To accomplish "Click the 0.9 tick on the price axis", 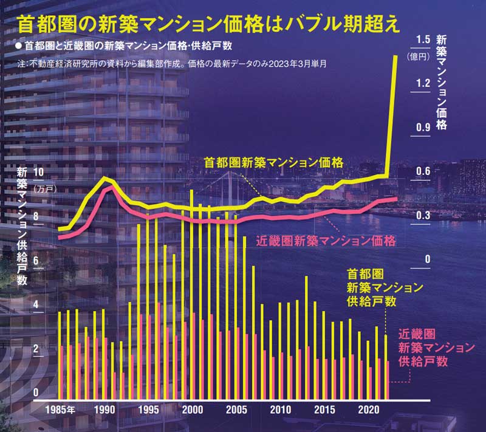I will [x=423, y=127].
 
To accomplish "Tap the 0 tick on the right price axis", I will [x=427, y=259].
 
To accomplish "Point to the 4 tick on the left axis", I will [x=41, y=304].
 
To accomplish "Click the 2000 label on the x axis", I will [x=193, y=410].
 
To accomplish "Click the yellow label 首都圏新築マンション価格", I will [x=274, y=162].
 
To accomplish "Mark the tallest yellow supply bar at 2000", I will [x=191, y=292].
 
